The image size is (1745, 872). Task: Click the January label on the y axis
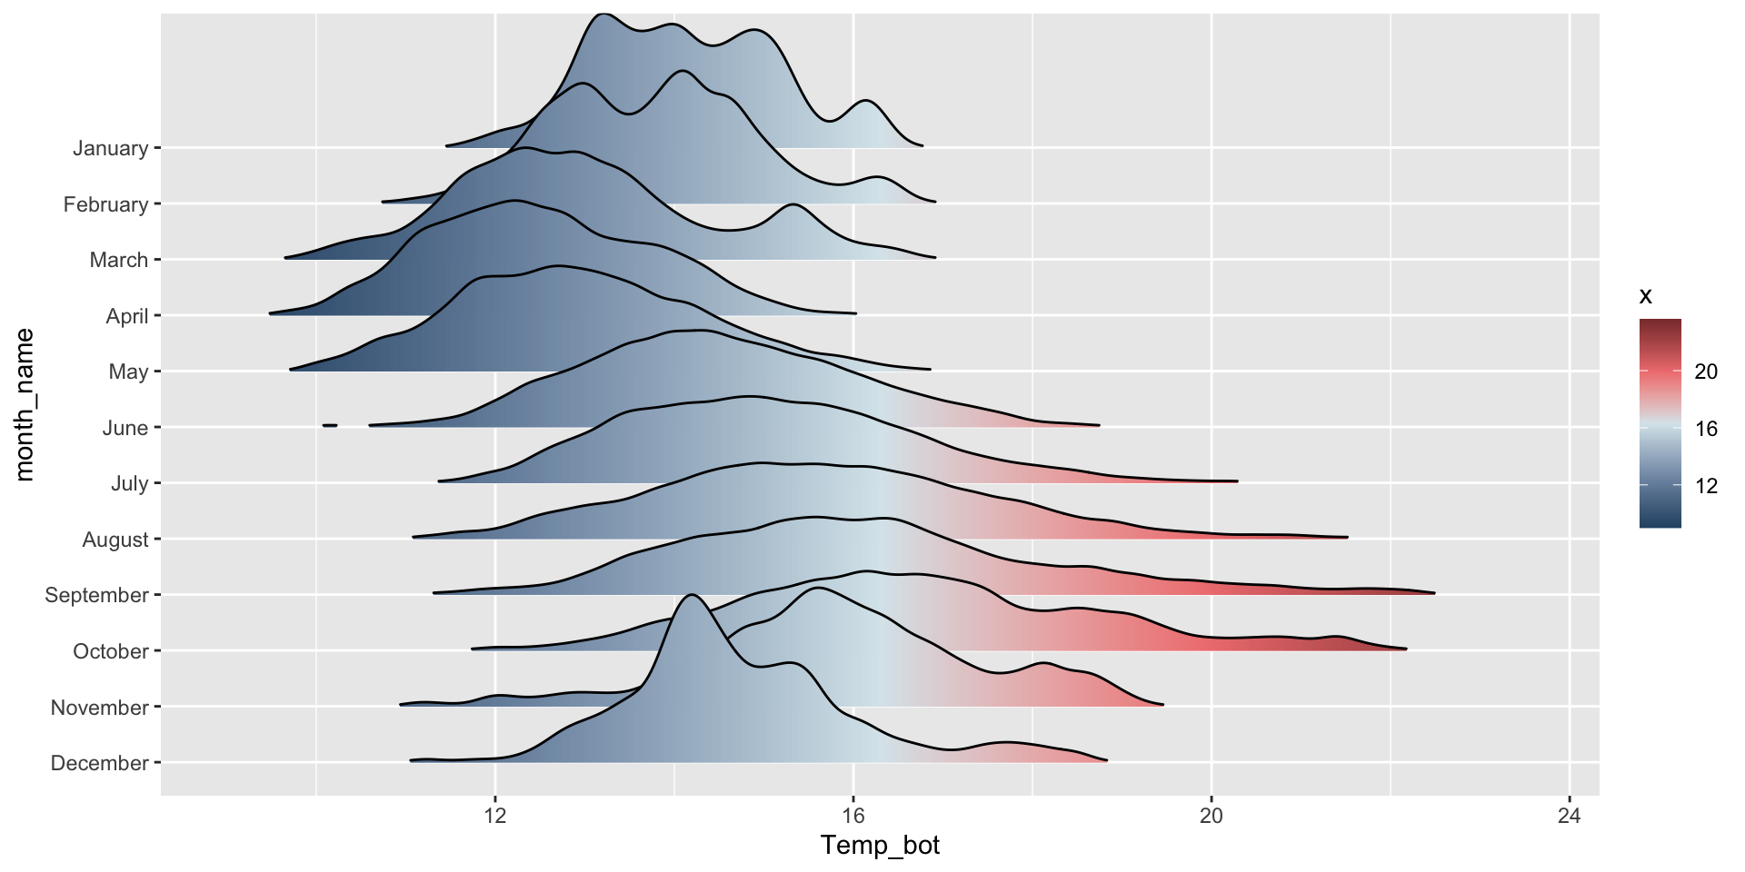coord(110,148)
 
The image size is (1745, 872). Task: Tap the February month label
coord(105,204)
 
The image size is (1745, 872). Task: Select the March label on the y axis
coord(118,260)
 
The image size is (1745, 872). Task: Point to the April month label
coord(126,316)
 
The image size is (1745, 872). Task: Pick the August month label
coord(115,540)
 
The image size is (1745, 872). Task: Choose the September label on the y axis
coord(96,595)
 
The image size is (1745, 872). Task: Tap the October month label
coord(110,651)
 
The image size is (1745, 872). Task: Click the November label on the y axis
coord(99,708)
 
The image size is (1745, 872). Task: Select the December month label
coord(99,763)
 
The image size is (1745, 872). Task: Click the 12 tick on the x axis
coord(495,816)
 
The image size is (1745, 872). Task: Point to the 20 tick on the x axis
coord(1211,816)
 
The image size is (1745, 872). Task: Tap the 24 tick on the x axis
coord(1570,816)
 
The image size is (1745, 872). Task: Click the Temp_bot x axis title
coord(880,846)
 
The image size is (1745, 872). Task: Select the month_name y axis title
coord(25,404)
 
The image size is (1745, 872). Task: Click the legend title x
coord(1645,296)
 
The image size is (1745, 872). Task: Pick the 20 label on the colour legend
coord(1706,371)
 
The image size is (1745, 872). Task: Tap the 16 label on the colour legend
coord(1706,429)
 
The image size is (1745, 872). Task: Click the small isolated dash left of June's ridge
coord(330,425)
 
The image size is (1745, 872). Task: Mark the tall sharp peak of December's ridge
coord(693,595)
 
